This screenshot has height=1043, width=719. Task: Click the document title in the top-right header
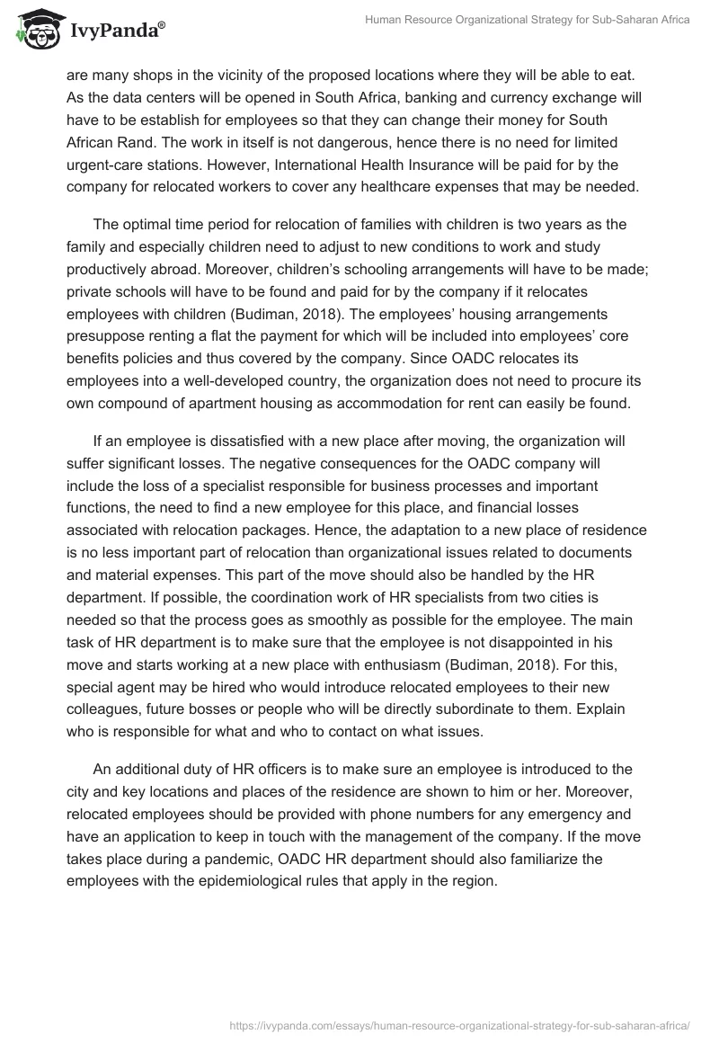point(527,20)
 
